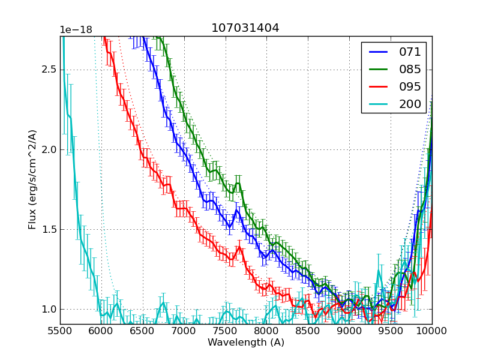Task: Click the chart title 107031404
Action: [x=245, y=28]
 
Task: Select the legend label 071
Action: [x=410, y=52]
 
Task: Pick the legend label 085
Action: [x=410, y=70]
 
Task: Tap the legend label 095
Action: [x=410, y=87]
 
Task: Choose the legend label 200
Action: [x=410, y=104]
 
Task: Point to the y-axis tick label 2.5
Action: [x=48, y=70]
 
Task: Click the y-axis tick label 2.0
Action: [x=48, y=149]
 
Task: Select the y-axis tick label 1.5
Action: [x=48, y=229]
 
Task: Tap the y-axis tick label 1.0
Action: [x=48, y=310]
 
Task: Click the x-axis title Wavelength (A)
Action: [x=246, y=343]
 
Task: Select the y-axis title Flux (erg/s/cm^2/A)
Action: [x=32, y=180]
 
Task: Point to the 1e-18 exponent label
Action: [x=75, y=30]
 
